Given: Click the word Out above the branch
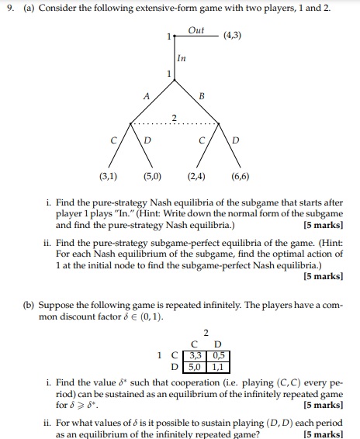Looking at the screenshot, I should click(197, 29).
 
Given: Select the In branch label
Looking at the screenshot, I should click(181, 58).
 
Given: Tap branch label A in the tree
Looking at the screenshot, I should click(145, 97).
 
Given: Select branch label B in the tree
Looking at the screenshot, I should click(202, 97).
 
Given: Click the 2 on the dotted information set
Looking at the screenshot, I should click(175, 117).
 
